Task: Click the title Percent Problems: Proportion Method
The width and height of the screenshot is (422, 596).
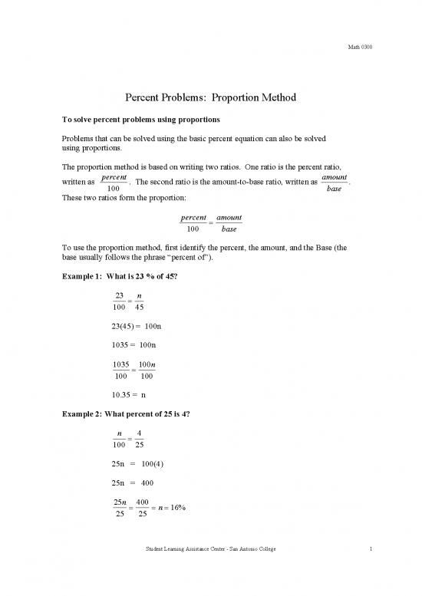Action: point(210,98)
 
